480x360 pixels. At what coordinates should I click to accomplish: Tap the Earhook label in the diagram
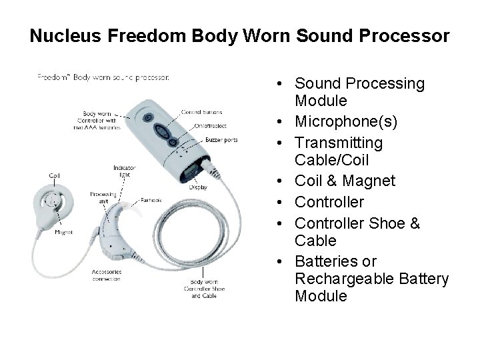(x=150, y=199)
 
